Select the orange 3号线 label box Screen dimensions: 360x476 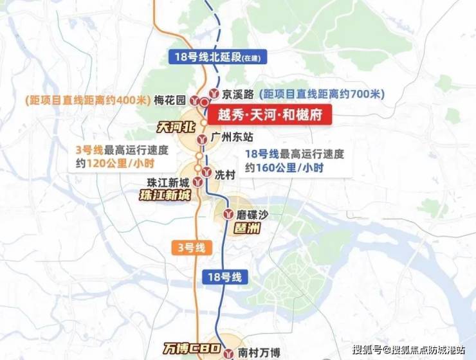tap(191, 247)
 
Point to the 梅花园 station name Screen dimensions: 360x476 tap(170, 100)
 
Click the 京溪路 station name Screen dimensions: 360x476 tap(235, 94)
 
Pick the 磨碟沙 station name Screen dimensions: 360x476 tap(252, 214)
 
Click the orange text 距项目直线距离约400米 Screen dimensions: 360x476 tap(87, 100)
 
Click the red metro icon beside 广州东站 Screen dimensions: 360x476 tap(205, 138)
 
